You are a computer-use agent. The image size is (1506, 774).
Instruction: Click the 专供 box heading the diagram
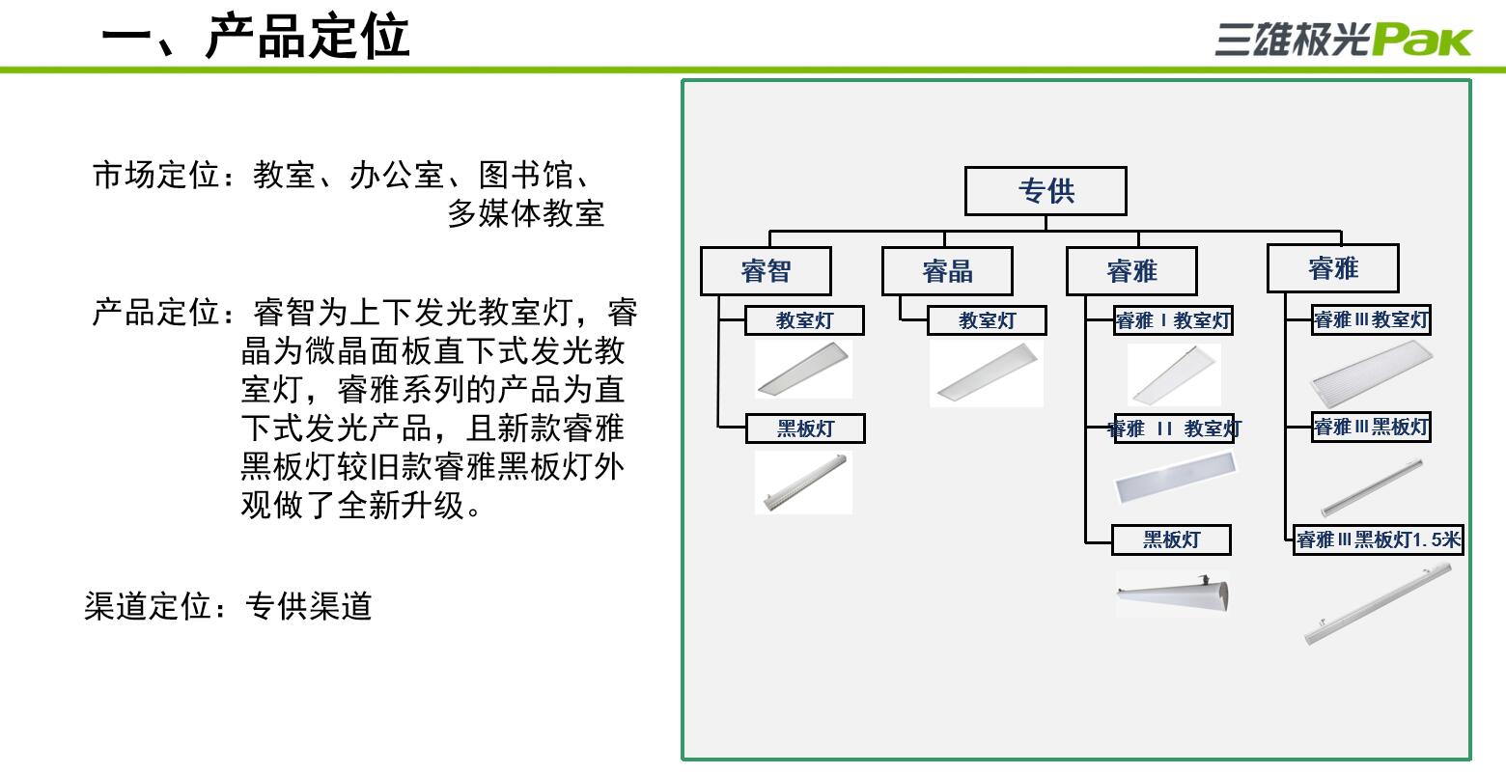pyautogui.click(x=1046, y=191)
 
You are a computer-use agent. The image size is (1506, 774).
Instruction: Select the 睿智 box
pyautogui.click(x=766, y=271)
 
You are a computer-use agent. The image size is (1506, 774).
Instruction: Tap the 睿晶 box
pyautogui.click(x=947, y=271)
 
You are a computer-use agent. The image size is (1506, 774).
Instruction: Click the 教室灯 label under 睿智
pyautogui.click(x=804, y=320)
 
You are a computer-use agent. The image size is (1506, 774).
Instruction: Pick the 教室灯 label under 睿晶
pyautogui.click(x=986, y=320)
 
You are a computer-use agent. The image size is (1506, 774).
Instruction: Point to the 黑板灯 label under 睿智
pyautogui.click(x=805, y=428)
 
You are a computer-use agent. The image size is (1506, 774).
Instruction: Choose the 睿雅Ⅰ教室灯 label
pyautogui.click(x=1173, y=320)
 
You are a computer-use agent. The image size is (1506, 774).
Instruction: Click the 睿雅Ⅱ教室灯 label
pyautogui.click(x=1174, y=428)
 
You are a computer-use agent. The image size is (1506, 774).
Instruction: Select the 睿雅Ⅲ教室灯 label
pyautogui.click(x=1371, y=319)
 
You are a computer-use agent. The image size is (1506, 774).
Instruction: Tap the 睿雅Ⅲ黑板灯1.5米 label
pyautogui.click(x=1379, y=539)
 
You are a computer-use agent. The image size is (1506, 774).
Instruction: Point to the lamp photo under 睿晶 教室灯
pyautogui.click(x=987, y=373)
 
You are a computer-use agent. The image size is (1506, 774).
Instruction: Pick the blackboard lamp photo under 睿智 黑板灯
pyautogui.click(x=803, y=483)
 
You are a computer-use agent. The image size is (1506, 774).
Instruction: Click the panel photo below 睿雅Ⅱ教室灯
pyautogui.click(x=1174, y=478)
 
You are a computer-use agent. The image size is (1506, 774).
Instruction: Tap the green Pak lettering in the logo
pyautogui.click(x=1422, y=41)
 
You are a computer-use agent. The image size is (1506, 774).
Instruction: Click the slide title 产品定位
pyautogui.click(x=307, y=37)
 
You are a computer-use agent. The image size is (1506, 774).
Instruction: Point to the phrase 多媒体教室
pyautogui.click(x=526, y=213)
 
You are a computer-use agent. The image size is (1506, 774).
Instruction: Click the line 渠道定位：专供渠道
pyautogui.click(x=228, y=606)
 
